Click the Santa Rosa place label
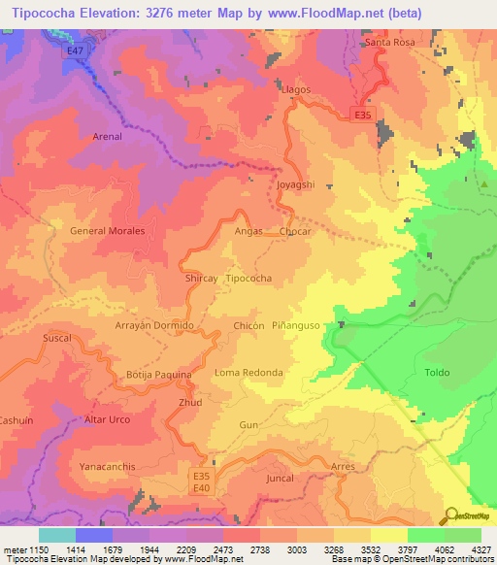tap(390, 44)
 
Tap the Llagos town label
tap(295, 89)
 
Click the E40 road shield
tap(201, 488)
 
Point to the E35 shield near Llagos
tap(362, 115)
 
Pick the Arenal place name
tap(107, 137)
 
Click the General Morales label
tap(108, 231)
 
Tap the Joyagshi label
tap(295, 183)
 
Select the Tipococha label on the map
tap(248, 279)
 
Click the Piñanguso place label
tap(303, 325)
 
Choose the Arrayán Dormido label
tap(155, 325)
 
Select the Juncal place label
tap(279, 480)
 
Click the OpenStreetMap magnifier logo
tap(451, 516)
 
